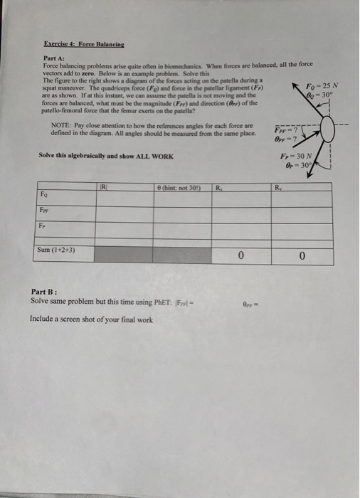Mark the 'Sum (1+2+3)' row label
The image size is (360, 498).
[x=55, y=250]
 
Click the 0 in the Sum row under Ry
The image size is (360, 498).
[x=302, y=254]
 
